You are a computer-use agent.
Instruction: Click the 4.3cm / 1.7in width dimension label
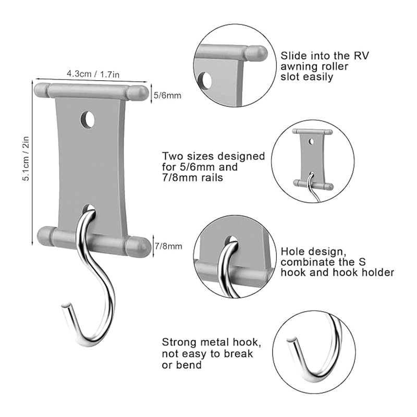(x=93, y=74)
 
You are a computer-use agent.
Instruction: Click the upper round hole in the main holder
(x=88, y=120)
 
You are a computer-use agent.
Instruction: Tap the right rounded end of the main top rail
(x=140, y=92)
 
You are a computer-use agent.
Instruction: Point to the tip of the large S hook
(x=65, y=304)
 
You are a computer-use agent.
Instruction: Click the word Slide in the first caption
(x=292, y=56)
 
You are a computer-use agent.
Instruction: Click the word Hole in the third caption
(x=291, y=250)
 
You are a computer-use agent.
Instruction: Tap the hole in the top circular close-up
(x=207, y=81)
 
